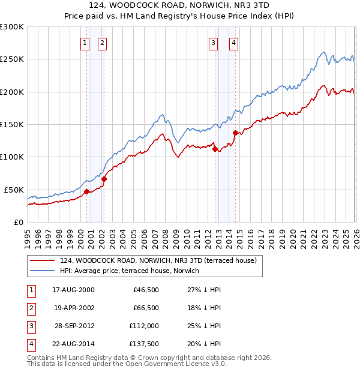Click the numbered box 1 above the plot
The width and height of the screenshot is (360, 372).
coord(85,43)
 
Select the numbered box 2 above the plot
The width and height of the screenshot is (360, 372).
coord(103,43)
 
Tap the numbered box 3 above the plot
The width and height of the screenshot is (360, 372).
coord(213,43)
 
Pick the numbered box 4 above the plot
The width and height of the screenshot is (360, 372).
coord(233,43)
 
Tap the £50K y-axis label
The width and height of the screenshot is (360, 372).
coord(14,190)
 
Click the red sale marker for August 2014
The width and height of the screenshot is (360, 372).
coord(235,133)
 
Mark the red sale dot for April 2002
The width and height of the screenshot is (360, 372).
coord(104,179)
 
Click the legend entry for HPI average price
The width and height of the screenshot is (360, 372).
coord(133,271)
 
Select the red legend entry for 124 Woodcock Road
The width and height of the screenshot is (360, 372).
coord(158,260)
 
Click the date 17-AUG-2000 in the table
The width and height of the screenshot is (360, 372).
coord(73,290)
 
